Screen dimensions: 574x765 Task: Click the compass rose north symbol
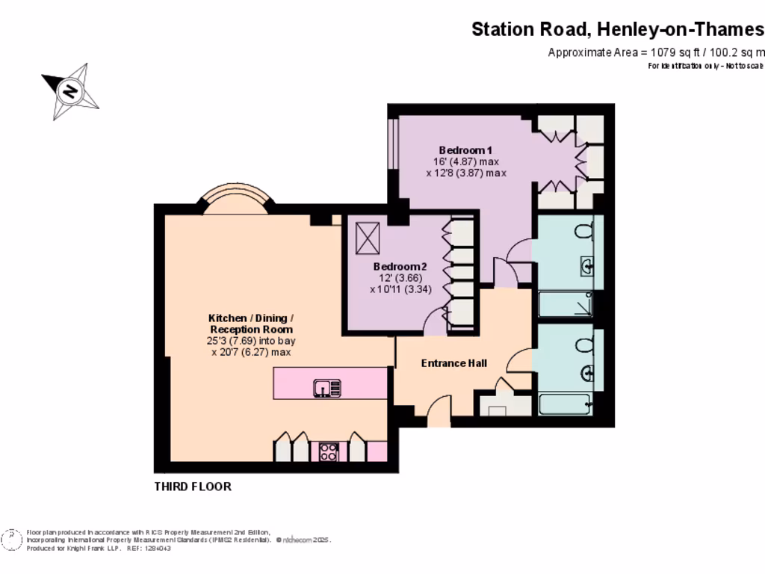pos(70,92)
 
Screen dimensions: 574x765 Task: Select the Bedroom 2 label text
pos(400,267)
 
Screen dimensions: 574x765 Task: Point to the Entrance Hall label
pos(454,363)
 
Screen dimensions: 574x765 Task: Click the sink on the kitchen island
pos(327,388)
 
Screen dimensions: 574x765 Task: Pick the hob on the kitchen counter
pos(329,451)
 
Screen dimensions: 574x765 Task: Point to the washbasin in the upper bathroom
pos(587,265)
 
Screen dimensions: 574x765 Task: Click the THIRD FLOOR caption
pos(193,487)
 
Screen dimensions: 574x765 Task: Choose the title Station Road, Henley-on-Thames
pos(618,29)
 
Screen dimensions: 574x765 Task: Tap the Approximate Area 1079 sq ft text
pos(656,52)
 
